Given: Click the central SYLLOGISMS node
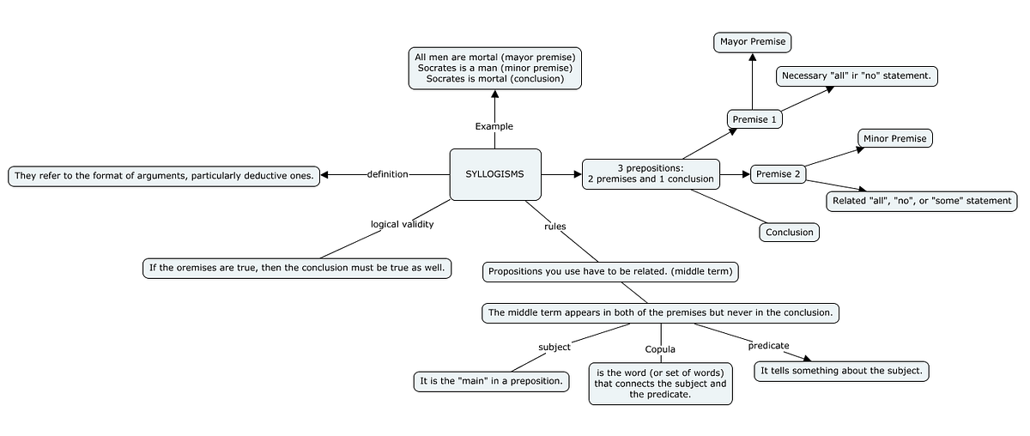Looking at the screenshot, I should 495,174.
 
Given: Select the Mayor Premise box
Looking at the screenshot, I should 752,41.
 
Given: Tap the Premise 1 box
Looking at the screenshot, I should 754,119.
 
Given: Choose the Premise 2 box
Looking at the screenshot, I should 778,174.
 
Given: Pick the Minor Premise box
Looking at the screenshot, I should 894,138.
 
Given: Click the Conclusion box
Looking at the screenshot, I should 789,232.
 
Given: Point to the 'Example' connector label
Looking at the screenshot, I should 494,126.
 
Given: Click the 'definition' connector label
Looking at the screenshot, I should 387,174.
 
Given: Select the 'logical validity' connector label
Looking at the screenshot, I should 402,224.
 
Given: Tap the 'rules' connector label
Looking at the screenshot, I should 555,227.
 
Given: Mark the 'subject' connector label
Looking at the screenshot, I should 554,347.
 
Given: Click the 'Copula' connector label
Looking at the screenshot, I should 660,349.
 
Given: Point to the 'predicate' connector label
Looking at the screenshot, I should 768,345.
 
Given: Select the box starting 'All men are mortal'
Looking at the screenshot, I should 495,68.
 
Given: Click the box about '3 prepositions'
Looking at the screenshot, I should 650,173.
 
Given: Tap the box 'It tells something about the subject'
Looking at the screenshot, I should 841,371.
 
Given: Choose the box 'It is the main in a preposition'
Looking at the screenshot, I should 491,380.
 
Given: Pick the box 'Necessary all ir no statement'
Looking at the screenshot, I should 856,76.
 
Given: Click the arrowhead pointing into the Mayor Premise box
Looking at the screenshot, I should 752,58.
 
